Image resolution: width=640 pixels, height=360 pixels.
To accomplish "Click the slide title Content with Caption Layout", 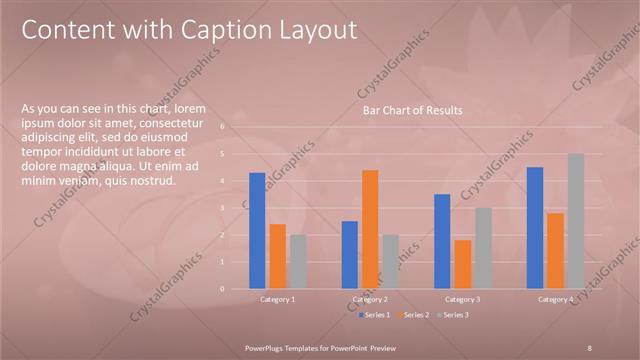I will (x=189, y=30).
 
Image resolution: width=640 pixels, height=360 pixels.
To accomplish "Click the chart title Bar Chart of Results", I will (x=412, y=110).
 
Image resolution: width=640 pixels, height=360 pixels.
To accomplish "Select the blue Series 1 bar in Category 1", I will (x=257, y=230).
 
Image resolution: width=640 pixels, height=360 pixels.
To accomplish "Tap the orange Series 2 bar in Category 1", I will (x=278, y=256).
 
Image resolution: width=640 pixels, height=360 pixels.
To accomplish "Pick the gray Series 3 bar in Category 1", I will (x=298, y=261).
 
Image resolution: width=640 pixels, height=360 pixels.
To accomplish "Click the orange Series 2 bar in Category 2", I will (x=370, y=229).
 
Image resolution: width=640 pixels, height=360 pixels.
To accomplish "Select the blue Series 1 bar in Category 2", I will (x=350, y=254).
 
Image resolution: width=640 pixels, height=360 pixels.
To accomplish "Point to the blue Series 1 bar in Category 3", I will (x=442, y=241).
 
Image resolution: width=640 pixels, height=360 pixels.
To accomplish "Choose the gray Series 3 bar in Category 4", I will (x=575, y=221).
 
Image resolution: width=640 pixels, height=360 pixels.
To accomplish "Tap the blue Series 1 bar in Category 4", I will (x=535, y=227).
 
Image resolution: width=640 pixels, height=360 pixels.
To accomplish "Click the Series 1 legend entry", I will (x=376, y=315).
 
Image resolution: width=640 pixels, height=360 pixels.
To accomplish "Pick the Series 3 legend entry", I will (x=452, y=315).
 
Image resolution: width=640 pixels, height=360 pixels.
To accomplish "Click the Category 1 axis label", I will (x=277, y=299).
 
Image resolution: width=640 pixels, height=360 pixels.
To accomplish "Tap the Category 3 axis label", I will (x=463, y=299).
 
